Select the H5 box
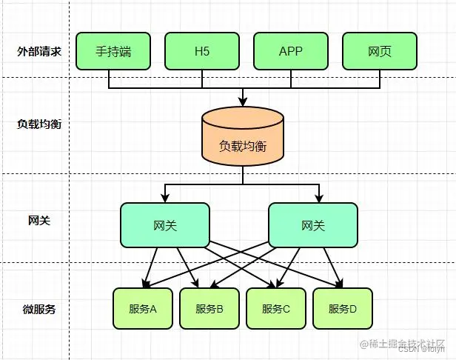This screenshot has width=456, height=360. coord(202,52)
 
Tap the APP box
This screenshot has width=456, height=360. coord(291,52)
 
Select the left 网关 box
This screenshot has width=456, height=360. coord(165,225)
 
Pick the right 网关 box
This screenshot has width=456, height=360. coord(312,225)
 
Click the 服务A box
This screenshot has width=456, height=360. coord(142,309)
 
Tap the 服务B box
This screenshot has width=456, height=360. coord(209,309)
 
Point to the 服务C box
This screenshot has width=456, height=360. coord(276,309)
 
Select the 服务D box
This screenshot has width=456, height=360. coord(342,309)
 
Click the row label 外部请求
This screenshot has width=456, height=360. coord(38,52)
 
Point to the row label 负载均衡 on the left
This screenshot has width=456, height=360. coord(38,123)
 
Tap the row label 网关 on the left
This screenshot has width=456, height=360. coord(38,220)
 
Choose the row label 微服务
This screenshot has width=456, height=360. coord(38,309)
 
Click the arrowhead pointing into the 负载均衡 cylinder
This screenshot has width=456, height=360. coord(243,101)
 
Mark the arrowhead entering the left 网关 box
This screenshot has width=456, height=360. coord(165,198)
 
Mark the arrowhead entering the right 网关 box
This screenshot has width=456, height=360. coord(319,198)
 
